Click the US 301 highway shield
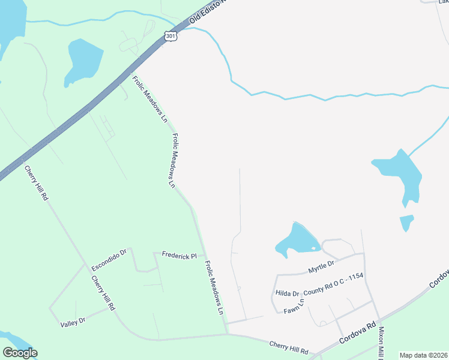pos(172,36)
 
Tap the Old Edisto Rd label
pos(206,11)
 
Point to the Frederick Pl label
pos(179,256)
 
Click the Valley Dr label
pos(73,322)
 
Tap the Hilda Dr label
pos(287,293)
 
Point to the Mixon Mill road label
pos(381,341)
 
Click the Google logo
pos(19,353)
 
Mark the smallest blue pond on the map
pos(406,223)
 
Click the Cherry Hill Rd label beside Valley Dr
pos(103,293)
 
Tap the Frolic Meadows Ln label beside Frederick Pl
pos(214,287)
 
